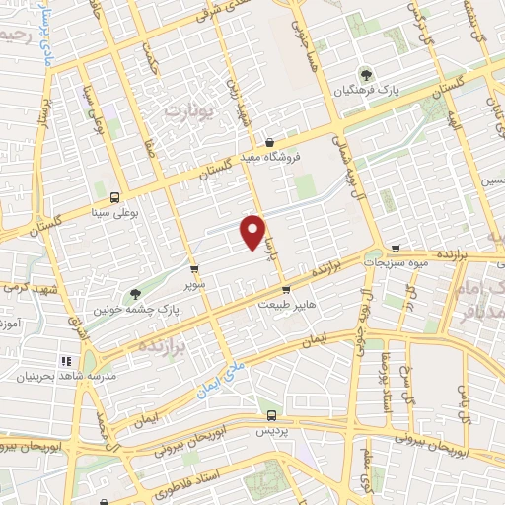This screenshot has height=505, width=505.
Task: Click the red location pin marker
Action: pos(253,231)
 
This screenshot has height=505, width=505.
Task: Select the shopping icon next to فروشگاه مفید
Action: pos(269,142)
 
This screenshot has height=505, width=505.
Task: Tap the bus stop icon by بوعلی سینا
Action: pos(114,196)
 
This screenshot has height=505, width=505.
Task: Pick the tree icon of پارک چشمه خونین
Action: pos(135,293)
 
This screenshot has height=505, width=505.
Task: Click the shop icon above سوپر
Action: pos(193,268)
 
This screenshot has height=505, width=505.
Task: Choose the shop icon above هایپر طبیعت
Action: pos(286,290)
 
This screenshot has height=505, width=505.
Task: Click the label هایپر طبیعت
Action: pos(286,305)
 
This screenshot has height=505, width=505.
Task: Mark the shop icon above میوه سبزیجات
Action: pos(396,249)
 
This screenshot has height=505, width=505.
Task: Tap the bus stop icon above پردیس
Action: pos(272,416)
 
